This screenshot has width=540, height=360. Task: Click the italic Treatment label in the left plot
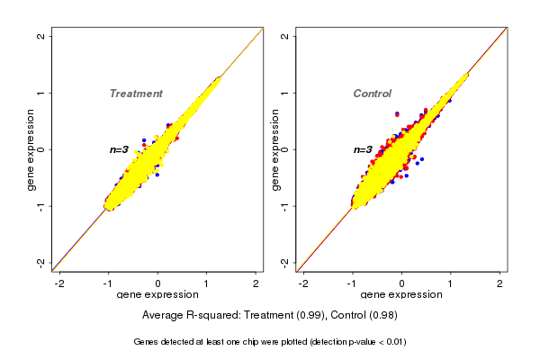(x=136, y=94)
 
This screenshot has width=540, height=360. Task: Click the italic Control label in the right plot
(x=372, y=94)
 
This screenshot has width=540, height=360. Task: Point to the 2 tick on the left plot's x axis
(x=256, y=283)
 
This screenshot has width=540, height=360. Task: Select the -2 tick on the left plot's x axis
(x=59, y=283)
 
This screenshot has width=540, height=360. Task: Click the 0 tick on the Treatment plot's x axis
(x=158, y=283)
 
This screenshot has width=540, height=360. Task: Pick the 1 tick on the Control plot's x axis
(x=451, y=283)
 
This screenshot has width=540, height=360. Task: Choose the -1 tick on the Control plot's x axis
(x=353, y=283)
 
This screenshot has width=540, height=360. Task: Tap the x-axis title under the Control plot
(x=401, y=295)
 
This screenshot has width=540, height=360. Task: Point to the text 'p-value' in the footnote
(x=360, y=342)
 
